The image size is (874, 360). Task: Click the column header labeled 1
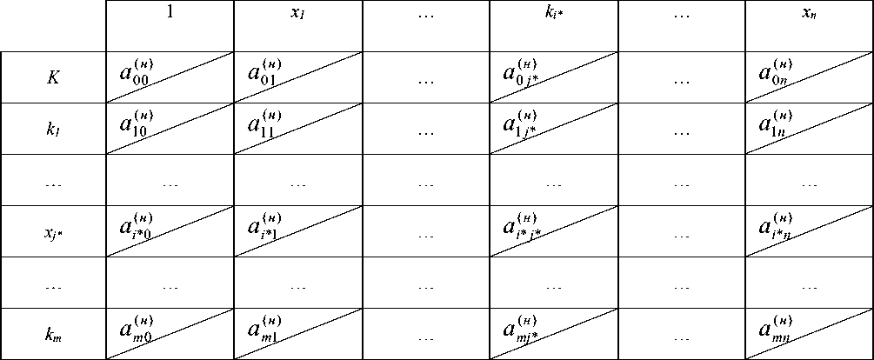pos(170,15)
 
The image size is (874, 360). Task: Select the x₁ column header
pos(297,16)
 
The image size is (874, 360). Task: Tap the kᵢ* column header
pos(554,16)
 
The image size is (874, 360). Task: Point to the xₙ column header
pos(809,16)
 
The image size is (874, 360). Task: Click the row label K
pos(53,77)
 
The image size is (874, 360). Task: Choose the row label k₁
pos(53,129)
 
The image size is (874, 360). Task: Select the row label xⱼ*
pos(53,231)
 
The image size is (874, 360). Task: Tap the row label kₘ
pos(53,334)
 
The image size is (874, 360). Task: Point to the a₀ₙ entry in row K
pos(776,70)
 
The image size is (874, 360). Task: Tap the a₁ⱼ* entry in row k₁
pos(520,122)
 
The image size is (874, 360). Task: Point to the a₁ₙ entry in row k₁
pos(776,122)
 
